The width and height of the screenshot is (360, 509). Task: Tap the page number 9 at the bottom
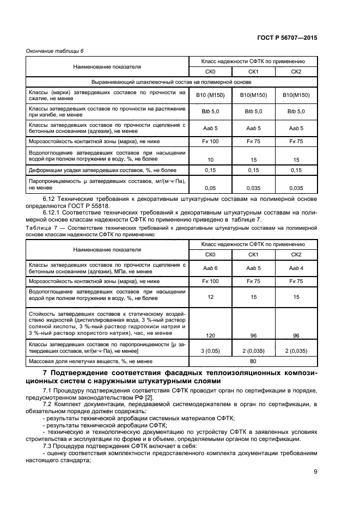click(x=315, y=471)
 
